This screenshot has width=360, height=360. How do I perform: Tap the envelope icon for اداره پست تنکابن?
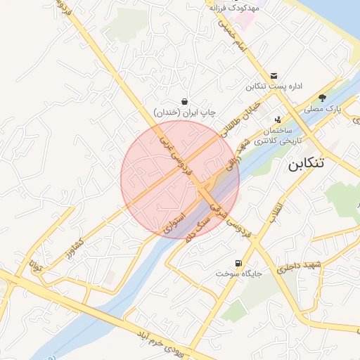[x=274, y=76]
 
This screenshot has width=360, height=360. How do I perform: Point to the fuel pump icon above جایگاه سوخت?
[x=240, y=263]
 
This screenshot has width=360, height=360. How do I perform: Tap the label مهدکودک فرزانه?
[x=234, y=7]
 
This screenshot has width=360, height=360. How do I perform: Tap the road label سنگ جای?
[x=200, y=226]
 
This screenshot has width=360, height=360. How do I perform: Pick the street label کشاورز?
[x=79, y=242]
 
